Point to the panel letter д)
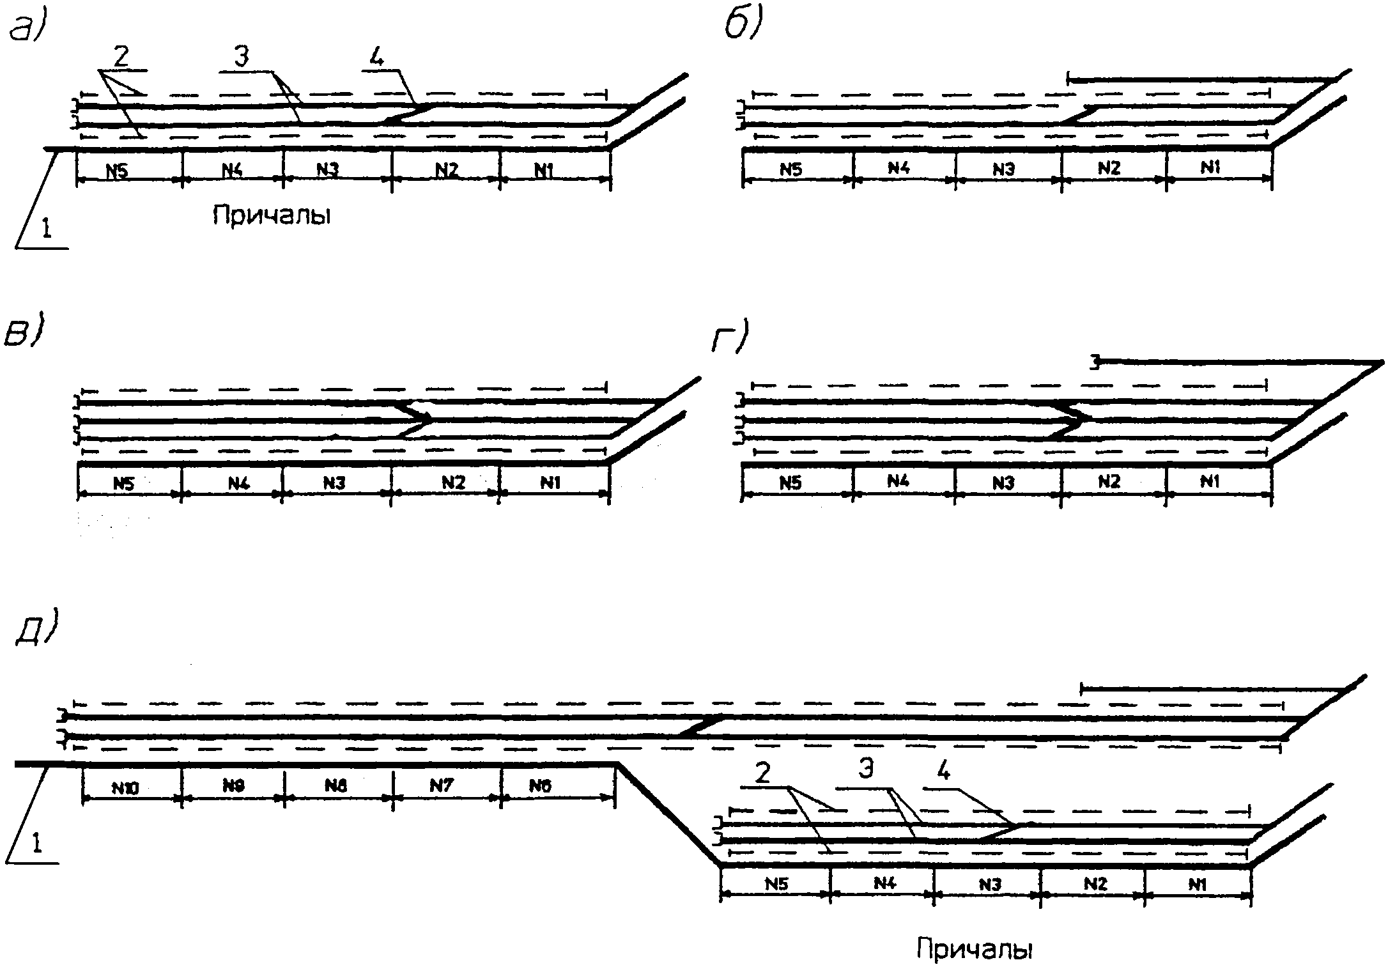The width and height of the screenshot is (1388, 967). [35, 629]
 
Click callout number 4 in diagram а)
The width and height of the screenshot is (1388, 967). [376, 58]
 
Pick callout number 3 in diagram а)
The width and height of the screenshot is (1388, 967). [241, 58]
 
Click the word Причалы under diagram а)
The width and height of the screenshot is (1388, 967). [272, 215]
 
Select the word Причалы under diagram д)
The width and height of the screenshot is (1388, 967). [975, 948]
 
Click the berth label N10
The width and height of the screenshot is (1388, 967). [125, 789]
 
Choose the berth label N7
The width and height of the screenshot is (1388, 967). [441, 785]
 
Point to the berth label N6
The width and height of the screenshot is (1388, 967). [540, 785]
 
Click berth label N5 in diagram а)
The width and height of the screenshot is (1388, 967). [117, 171]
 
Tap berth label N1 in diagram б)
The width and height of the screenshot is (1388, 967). [1210, 167]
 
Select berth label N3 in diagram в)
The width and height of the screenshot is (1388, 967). [334, 483]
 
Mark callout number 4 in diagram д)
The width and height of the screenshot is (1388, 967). [944, 772]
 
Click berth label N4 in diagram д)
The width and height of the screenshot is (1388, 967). [884, 883]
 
